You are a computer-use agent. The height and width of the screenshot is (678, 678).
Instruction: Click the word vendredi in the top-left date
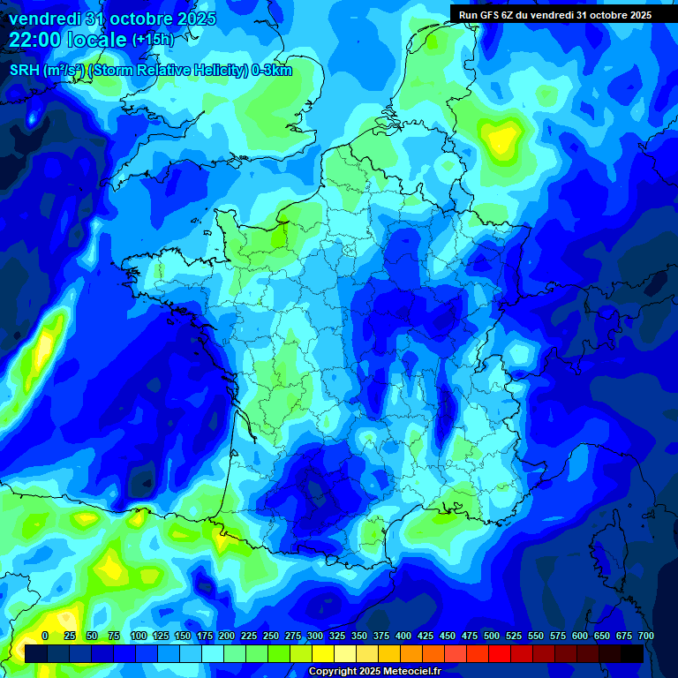[43, 19]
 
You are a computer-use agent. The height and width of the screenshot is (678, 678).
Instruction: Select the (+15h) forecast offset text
[154, 40]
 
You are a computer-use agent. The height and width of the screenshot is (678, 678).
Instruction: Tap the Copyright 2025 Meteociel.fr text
[373, 672]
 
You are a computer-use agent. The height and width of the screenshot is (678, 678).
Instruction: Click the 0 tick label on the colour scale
[45, 636]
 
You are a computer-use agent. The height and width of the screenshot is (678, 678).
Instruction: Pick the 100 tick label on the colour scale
[139, 636]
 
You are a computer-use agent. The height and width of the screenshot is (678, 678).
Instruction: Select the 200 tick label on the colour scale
[227, 636]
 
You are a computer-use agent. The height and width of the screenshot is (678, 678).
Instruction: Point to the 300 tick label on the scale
[315, 636]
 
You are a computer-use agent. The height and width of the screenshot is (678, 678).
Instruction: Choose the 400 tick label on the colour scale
[403, 636]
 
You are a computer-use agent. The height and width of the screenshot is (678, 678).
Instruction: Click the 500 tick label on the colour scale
[492, 636]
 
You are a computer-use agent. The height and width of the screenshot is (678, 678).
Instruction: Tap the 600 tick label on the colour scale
[580, 636]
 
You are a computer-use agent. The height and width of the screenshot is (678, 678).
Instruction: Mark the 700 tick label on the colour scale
[645, 636]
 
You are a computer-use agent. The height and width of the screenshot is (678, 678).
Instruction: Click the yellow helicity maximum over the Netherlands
[503, 139]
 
